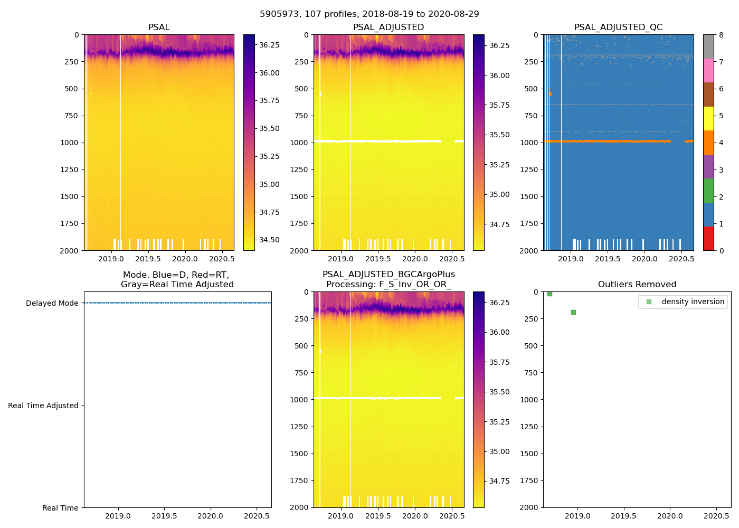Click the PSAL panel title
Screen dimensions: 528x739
(x=159, y=27)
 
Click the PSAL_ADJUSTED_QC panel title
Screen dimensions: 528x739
(x=618, y=27)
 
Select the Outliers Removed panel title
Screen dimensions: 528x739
(x=637, y=285)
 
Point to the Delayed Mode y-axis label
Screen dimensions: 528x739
(x=52, y=303)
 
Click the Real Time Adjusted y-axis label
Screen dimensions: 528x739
(x=43, y=406)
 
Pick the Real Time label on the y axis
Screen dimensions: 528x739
(x=60, y=508)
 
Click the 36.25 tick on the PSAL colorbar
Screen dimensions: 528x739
(x=269, y=45)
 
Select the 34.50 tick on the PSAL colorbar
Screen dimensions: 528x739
(x=269, y=240)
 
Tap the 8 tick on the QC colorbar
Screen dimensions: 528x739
(x=721, y=35)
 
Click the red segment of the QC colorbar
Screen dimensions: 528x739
(x=708, y=238)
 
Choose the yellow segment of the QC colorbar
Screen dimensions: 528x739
(x=708, y=118)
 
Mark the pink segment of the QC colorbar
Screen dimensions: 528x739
(x=708, y=70)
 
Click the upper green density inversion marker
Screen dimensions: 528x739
(x=549, y=294)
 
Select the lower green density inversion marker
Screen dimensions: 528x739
(x=573, y=312)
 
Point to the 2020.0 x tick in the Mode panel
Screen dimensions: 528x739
(x=210, y=516)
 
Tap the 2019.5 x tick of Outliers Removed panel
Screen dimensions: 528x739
(x=623, y=516)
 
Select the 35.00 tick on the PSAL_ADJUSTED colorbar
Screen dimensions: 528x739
(x=499, y=194)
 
